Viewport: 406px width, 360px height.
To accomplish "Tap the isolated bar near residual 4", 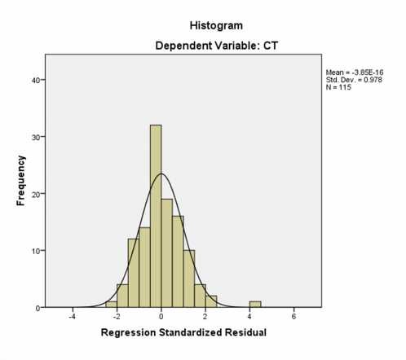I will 255,305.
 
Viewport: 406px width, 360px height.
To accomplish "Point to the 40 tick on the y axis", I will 37,80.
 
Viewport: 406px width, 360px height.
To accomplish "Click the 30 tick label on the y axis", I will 37,137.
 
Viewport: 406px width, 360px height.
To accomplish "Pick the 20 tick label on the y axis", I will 37,194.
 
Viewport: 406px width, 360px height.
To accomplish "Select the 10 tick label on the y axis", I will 37,251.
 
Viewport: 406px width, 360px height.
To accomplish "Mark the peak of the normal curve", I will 161,173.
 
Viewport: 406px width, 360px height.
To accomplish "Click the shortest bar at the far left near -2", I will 111,305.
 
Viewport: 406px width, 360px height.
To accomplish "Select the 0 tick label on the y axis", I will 39,308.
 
